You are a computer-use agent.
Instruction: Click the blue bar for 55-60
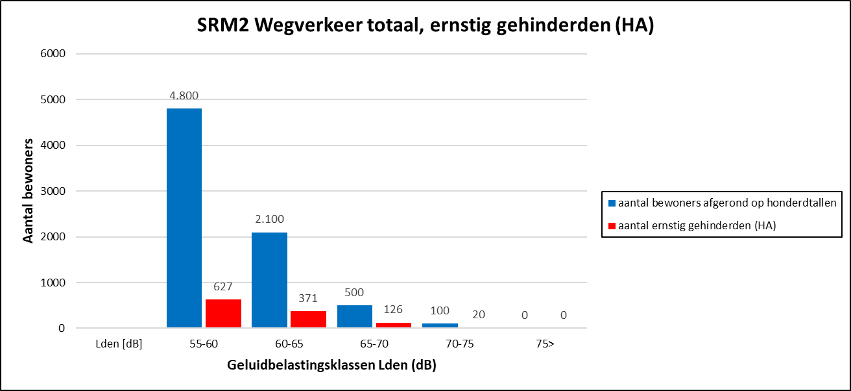[x=184, y=218]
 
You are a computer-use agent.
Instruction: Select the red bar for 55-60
[x=223, y=314]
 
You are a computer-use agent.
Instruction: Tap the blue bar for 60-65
[x=269, y=280]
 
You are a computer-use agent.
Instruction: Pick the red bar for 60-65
[x=308, y=320]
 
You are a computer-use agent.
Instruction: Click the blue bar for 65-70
[x=354, y=317]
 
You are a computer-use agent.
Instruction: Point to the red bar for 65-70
[x=393, y=325]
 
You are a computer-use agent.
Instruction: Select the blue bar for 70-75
[x=440, y=325]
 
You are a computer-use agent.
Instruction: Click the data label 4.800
[x=184, y=95]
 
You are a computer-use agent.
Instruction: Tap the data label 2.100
[x=269, y=219]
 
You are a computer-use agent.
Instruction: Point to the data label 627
[x=223, y=286]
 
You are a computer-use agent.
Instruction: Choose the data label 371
[x=308, y=298]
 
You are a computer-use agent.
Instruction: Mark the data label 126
[x=393, y=309]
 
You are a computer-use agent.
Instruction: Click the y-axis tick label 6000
[x=53, y=54]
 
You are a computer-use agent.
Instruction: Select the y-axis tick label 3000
[x=53, y=192]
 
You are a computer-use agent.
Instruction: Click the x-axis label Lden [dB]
[x=118, y=344]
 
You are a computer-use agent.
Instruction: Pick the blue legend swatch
[x=611, y=203]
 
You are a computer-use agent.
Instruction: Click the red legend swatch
[x=611, y=225]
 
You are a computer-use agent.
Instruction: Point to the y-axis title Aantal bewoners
[x=28, y=192]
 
